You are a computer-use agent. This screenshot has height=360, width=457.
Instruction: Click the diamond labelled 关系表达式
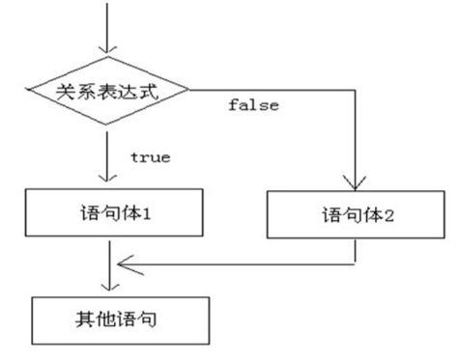pos(107,93)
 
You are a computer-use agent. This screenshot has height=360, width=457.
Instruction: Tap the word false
pos(253,105)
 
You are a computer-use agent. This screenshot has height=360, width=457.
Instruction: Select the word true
pos(149,155)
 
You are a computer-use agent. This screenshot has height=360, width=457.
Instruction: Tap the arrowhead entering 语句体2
pos(356,186)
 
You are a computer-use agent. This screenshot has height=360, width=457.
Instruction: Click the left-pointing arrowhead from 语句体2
pos(122,261)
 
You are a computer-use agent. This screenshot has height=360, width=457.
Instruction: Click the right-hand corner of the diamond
pos(191,93)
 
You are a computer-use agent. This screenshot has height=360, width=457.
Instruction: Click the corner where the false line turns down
pos(356,93)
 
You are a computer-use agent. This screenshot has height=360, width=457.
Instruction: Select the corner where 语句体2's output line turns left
pos(356,261)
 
